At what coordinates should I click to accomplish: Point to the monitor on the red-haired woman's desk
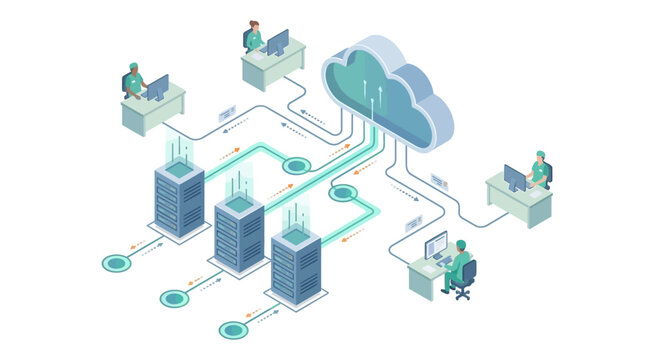tap(277, 43)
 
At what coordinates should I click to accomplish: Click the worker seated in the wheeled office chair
tap(458, 265)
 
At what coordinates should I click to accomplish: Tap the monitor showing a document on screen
tap(436, 245)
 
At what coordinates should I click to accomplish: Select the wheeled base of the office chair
tap(461, 293)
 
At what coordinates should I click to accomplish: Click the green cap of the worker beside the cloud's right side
tap(540, 155)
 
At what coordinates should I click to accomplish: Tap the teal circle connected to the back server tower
tap(117, 264)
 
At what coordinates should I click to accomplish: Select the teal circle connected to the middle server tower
tap(175, 298)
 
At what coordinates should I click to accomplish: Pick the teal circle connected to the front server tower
tap(233, 330)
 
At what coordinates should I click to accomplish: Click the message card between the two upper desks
tap(227, 113)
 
